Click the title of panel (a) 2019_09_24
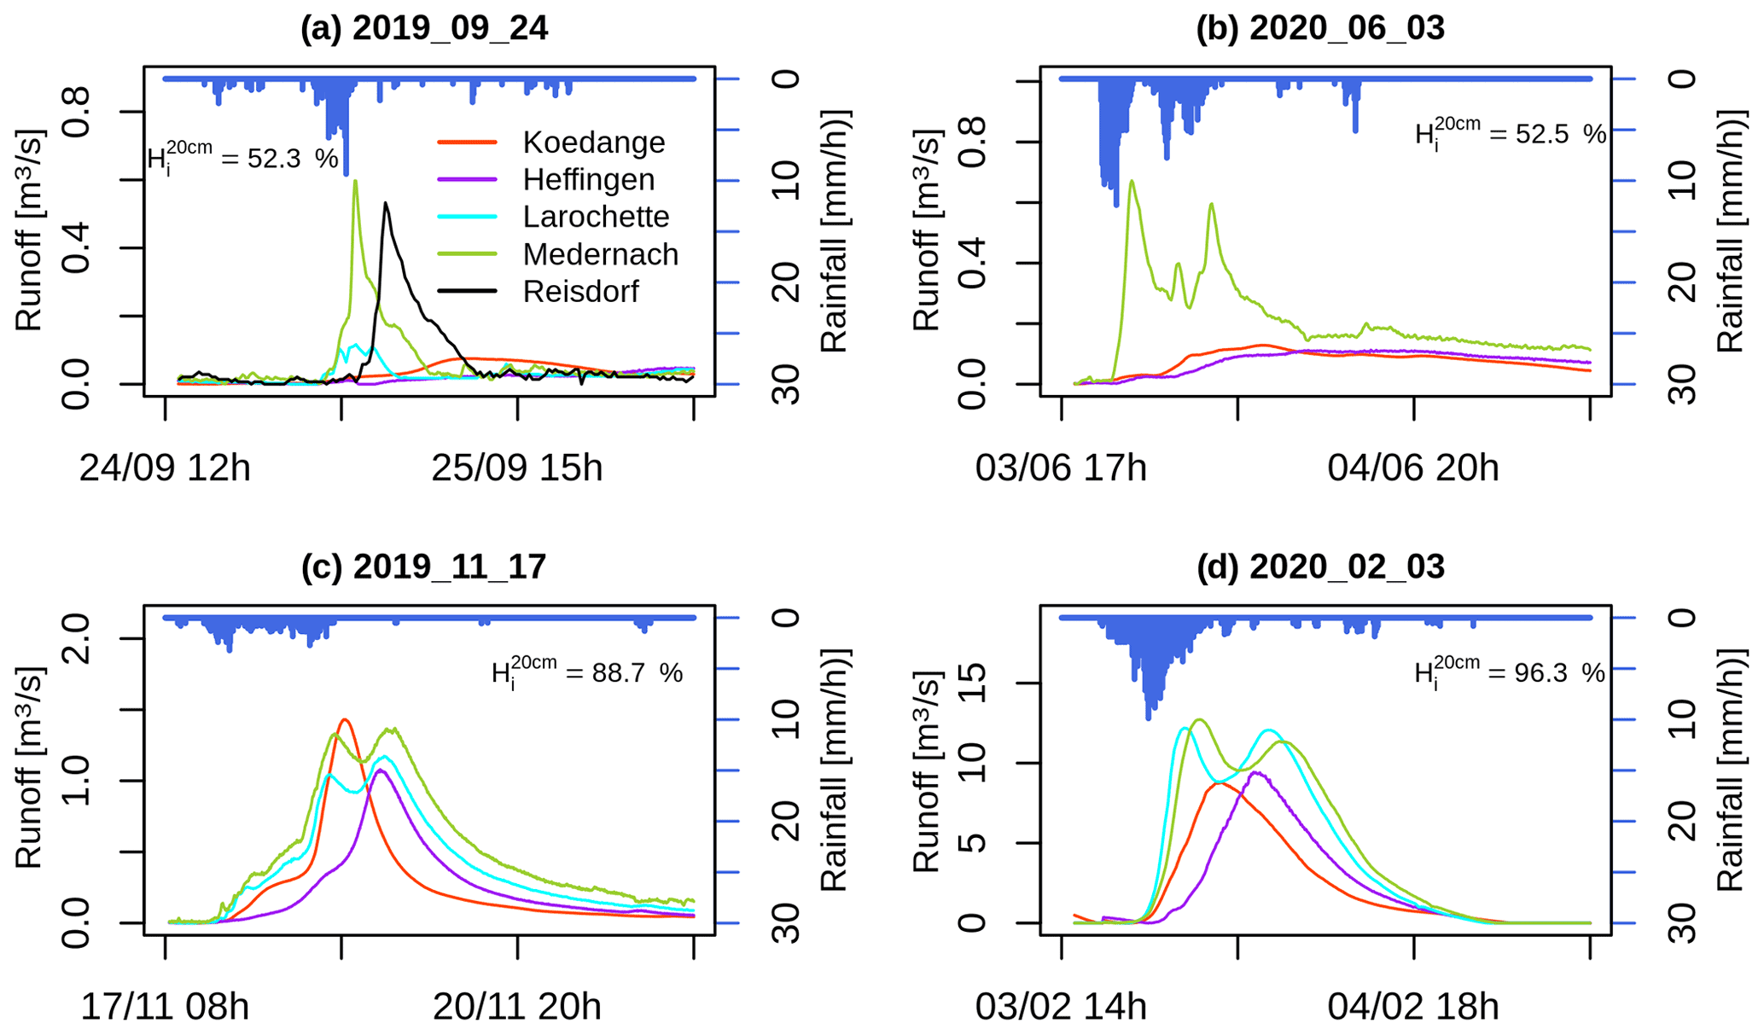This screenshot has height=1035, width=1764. (423, 28)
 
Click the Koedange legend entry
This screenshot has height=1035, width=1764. (593, 142)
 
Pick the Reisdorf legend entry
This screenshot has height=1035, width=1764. (580, 292)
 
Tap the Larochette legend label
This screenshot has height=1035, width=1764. (596, 217)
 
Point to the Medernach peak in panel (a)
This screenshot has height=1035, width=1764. (355, 181)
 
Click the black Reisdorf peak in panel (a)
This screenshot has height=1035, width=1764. (386, 203)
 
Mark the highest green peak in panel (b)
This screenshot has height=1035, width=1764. (1132, 181)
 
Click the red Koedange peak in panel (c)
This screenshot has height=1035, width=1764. (344, 720)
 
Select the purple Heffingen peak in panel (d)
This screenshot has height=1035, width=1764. (1255, 772)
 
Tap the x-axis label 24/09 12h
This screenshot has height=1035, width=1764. (165, 468)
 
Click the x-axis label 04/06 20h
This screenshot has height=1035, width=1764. (1412, 468)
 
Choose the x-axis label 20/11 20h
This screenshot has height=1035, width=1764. (516, 1007)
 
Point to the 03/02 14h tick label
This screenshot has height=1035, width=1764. (1061, 1007)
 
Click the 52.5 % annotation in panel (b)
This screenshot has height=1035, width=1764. (1510, 134)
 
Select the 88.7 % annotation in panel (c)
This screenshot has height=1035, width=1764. (587, 673)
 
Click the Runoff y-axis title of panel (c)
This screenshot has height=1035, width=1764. (28, 768)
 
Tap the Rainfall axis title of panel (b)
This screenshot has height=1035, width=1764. (1730, 230)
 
